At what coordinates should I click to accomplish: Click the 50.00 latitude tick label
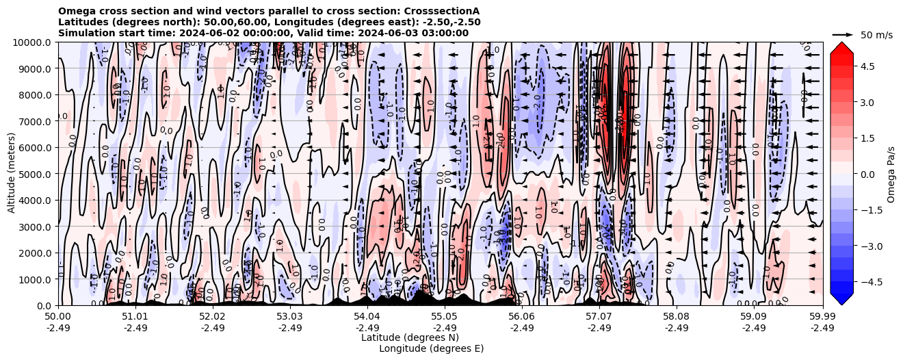(x=58, y=317)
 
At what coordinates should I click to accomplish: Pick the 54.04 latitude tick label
(x=367, y=317)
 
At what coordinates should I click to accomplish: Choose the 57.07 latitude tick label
(x=599, y=317)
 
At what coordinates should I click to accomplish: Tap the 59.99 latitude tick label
(x=822, y=317)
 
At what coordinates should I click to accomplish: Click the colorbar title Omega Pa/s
(x=891, y=174)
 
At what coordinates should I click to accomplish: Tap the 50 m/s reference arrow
(x=843, y=34)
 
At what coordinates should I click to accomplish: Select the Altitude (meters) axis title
(x=12, y=174)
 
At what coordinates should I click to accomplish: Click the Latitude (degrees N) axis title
(x=410, y=337)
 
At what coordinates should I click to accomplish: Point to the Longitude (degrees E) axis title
(x=431, y=348)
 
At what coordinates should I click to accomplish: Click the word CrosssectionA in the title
(x=442, y=11)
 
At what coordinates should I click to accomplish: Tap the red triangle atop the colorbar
(x=841, y=48)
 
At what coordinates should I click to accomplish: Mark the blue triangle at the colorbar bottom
(x=841, y=298)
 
